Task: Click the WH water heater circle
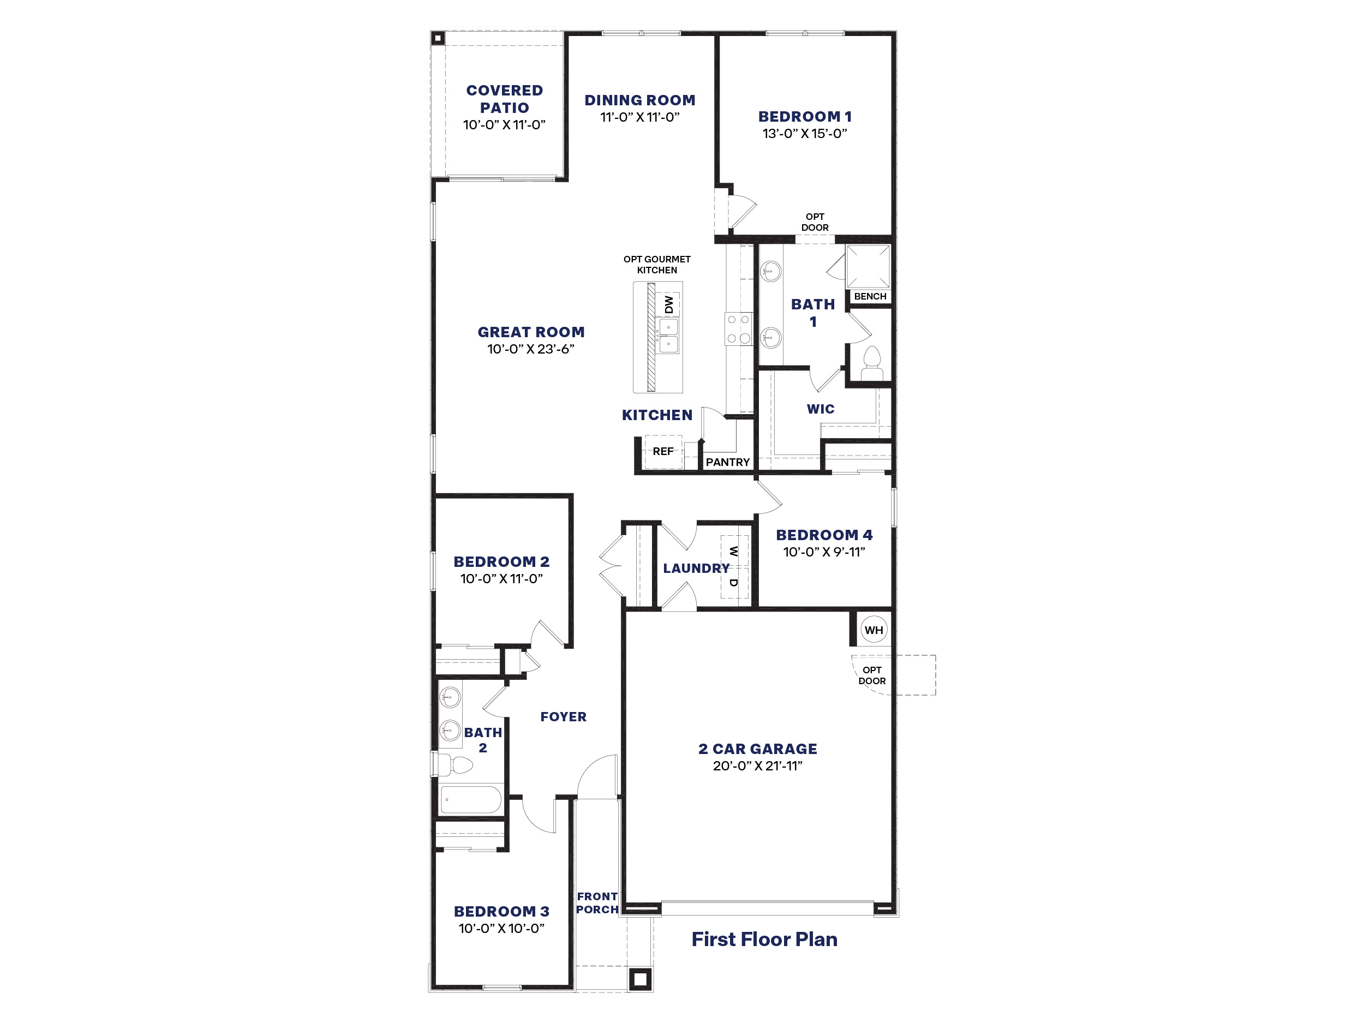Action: coord(873,630)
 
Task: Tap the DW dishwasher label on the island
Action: coord(669,304)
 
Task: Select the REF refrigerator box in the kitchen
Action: coord(663,451)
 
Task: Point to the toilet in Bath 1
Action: coord(871,364)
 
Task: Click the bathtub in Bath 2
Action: coord(471,800)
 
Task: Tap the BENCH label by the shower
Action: coord(870,297)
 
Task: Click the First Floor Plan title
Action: coord(764,939)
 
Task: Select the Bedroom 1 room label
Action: coord(805,117)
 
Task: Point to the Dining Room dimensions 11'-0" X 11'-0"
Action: coord(639,117)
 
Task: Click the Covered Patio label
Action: coord(505,99)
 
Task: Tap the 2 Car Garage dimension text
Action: coord(757,766)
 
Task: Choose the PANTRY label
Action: coord(728,462)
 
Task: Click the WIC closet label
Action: coord(820,409)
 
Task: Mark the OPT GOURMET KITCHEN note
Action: coord(657,265)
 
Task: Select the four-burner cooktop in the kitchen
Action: coord(739,328)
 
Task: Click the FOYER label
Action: coord(563,716)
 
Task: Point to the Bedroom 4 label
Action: coord(824,535)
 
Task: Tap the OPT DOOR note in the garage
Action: coord(872,675)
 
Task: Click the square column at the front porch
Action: coord(640,979)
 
